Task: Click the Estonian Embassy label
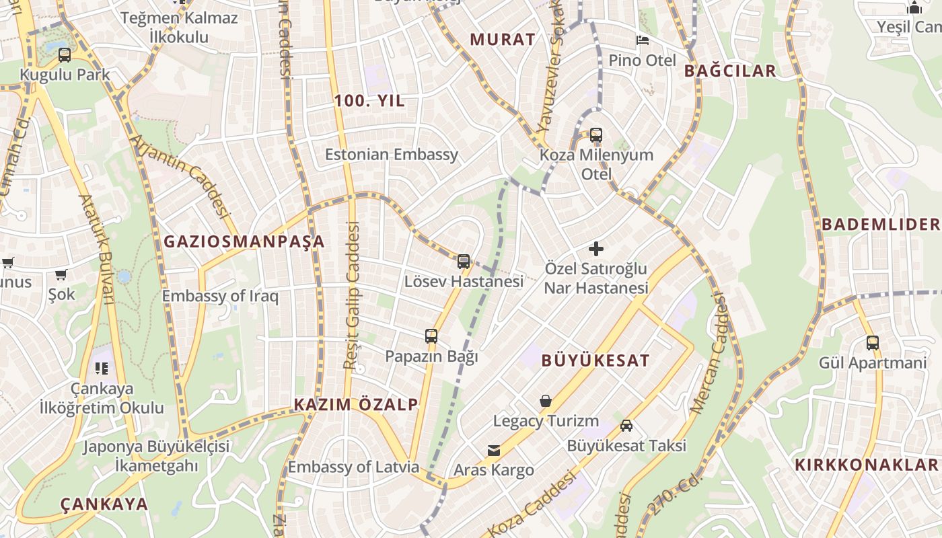coord(391,155)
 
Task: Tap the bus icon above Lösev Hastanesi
coord(464,262)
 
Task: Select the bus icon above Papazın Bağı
coord(431,336)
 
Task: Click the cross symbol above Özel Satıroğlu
coord(595,249)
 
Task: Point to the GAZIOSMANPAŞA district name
coord(244,241)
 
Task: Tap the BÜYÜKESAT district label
coord(595,360)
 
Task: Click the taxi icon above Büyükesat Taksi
coord(626,426)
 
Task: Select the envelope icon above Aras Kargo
coord(494,450)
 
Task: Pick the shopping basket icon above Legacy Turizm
coord(546,401)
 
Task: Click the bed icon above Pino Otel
coord(643,40)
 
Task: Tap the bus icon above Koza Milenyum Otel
coord(596,135)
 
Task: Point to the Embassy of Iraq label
coord(220,296)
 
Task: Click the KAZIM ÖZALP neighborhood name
coord(356,404)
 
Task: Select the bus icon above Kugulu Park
coord(65,54)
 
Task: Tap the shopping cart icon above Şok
coord(61,274)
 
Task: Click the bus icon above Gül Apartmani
coord(873,343)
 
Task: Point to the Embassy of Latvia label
coord(353,467)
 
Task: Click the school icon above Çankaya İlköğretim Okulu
coord(102,369)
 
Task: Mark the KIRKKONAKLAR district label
coord(866,465)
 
